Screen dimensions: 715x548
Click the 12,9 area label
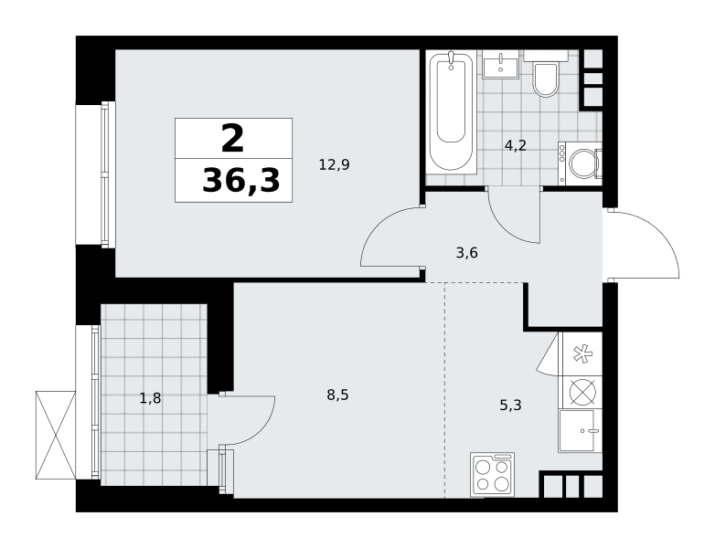tap(335, 164)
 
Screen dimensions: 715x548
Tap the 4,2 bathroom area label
tap(516, 145)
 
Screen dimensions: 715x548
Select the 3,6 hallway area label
tap(467, 252)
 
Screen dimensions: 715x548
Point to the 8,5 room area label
tap(337, 395)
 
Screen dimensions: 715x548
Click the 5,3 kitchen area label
tap(510, 405)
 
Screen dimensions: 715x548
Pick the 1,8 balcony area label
tap(150, 398)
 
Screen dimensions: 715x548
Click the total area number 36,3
tap(240, 180)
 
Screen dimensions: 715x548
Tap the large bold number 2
tap(233, 139)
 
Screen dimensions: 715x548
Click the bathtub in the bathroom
tap(451, 112)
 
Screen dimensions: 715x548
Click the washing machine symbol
tap(580, 163)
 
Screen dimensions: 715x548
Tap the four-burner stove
tap(493, 474)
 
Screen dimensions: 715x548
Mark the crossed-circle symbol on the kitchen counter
tap(582, 392)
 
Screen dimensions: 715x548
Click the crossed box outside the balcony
tap(55, 435)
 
